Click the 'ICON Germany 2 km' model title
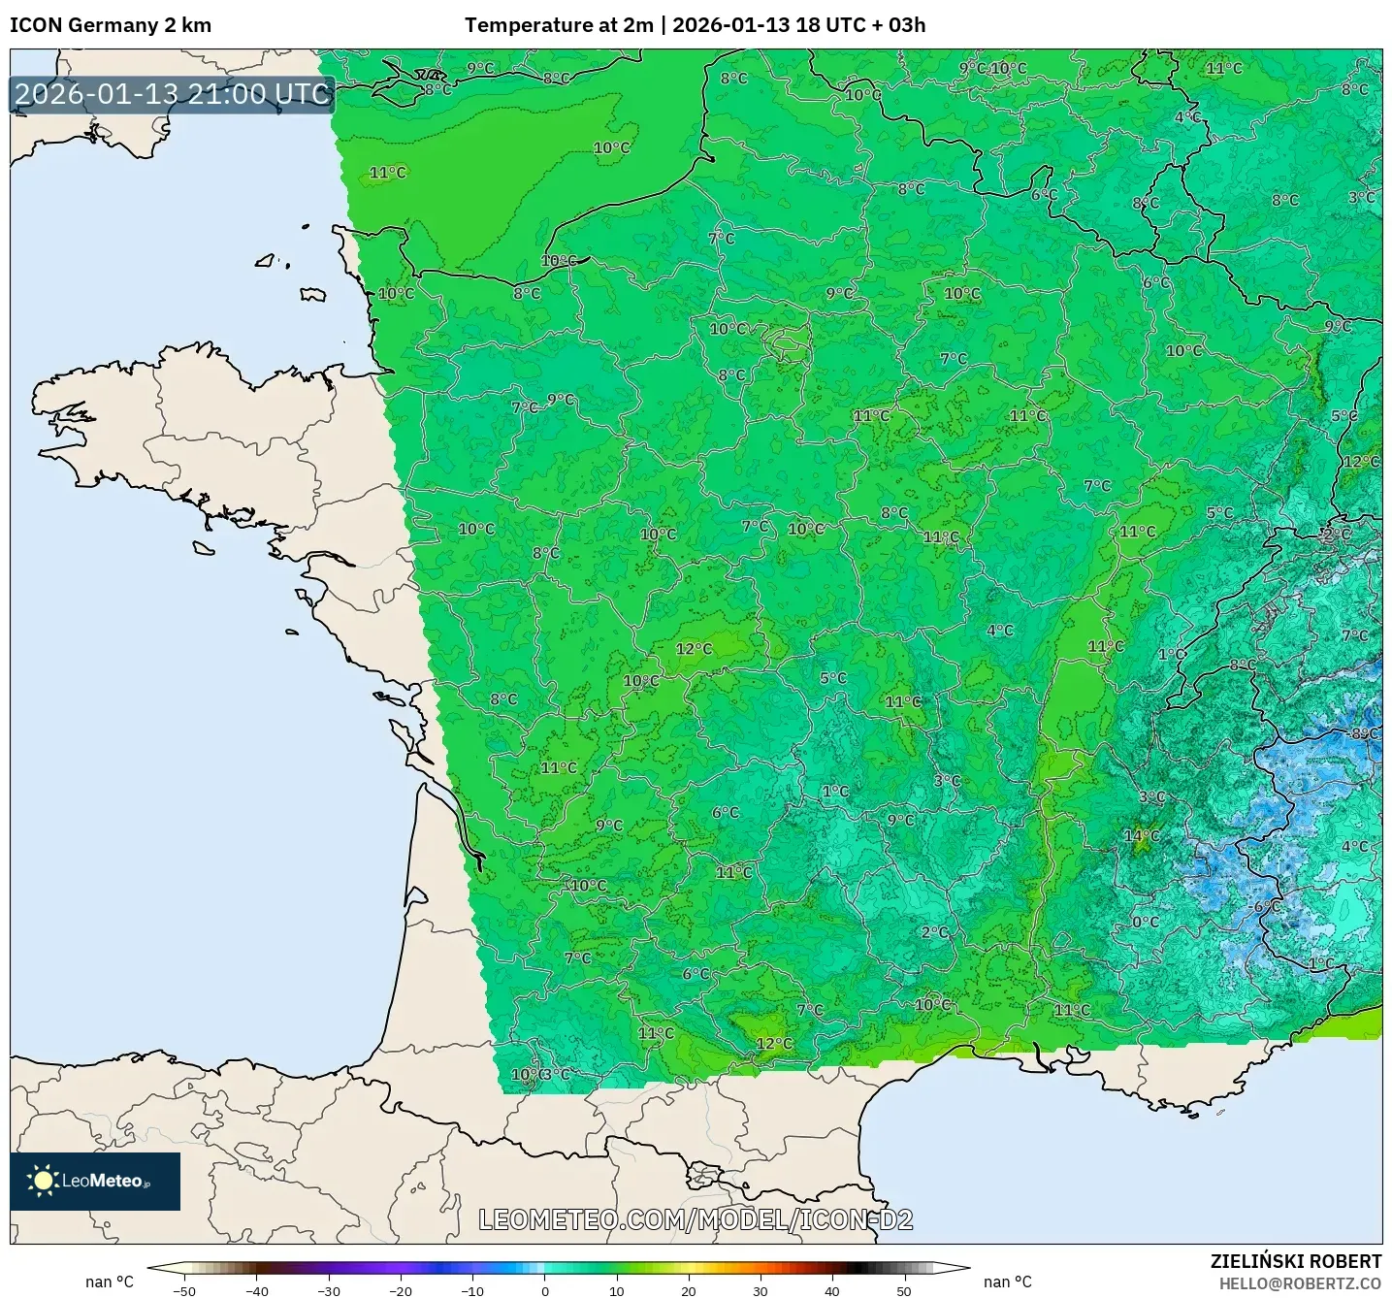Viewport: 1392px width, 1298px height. pyautogui.click(x=111, y=25)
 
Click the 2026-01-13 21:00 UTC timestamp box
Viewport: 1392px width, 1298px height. pyautogui.click(x=173, y=94)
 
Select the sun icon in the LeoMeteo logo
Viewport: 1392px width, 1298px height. pyautogui.click(x=43, y=1181)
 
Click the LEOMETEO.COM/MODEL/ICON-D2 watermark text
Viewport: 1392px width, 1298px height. pyautogui.click(x=696, y=1219)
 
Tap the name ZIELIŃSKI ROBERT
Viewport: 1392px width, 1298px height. pyautogui.click(x=1296, y=1261)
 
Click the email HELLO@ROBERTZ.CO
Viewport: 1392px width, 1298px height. pyautogui.click(x=1300, y=1283)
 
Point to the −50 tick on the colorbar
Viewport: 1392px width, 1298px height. pyautogui.click(x=183, y=1291)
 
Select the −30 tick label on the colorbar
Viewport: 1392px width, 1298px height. pyautogui.click(x=328, y=1291)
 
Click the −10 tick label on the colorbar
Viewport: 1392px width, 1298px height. pyautogui.click(x=471, y=1291)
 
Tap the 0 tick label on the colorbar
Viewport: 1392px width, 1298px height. pyautogui.click(x=545, y=1291)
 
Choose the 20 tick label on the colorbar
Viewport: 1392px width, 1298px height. pyautogui.click(x=689, y=1291)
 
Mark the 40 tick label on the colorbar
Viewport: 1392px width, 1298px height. pyautogui.click(x=832, y=1291)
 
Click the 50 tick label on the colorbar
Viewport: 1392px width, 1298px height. pyautogui.click(x=904, y=1291)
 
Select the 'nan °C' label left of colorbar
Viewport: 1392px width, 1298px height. pyautogui.click(x=110, y=1282)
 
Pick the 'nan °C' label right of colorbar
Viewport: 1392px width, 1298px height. pyautogui.click(x=1008, y=1282)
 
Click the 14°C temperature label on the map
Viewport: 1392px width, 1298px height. pyautogui.click(x=1141, y=835)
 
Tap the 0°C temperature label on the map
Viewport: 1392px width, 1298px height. pyautogui.click(x=1146, y=922)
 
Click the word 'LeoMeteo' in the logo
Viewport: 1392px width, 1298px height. pyautogui.click(x=103, y=1181)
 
